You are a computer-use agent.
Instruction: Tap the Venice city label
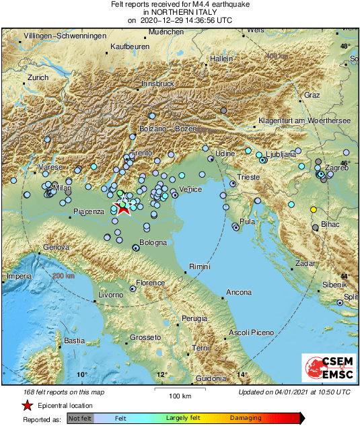[191, 190]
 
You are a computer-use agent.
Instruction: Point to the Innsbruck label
[158, 83]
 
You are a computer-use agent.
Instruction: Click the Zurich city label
[38, 78]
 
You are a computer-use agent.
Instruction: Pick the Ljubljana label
[281, 154]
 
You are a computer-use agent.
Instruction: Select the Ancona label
[239, 293]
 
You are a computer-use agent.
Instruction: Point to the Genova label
[57, 248]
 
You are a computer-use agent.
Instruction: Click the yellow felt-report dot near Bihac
[313, 210]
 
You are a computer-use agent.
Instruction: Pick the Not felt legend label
[81, 418]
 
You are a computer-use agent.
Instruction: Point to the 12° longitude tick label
[161, 375]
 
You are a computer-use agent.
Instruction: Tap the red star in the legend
[26, 405]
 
